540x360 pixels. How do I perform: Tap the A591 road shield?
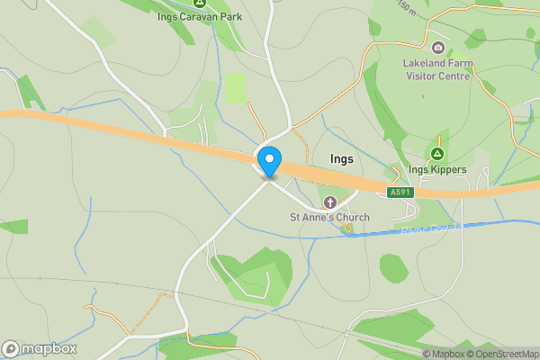[400, 192]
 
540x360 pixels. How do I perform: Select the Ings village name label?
[342, 158]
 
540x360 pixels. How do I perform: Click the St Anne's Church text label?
[329, 217]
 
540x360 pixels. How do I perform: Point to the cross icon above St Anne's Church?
[329, 202]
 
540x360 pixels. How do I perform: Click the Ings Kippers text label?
[437, 169]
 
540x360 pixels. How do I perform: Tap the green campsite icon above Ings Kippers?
[437, 154]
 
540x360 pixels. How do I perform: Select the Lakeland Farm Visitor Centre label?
[437, 69]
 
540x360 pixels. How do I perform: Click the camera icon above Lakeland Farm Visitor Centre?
[437, 48]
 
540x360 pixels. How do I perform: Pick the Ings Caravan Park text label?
[199, 16]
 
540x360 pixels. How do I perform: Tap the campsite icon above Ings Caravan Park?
[199, 3]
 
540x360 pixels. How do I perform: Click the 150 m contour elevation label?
[407, 8]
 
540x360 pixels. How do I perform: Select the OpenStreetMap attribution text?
[500, 354]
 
